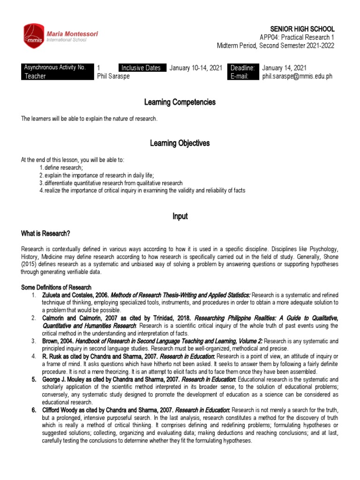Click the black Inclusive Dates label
click(x=142, y=67)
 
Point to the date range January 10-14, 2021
click(x=195, y=67)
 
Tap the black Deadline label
click(x=243, y=67)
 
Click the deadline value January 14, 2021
click(x=285, y=67)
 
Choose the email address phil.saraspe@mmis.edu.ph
click(x=297, y=76)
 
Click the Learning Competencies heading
click(x=180, y=102)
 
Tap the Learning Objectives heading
click(x=180, y=143)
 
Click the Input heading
click(x=180, y=216)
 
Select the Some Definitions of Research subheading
click(x=56, y=287)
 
